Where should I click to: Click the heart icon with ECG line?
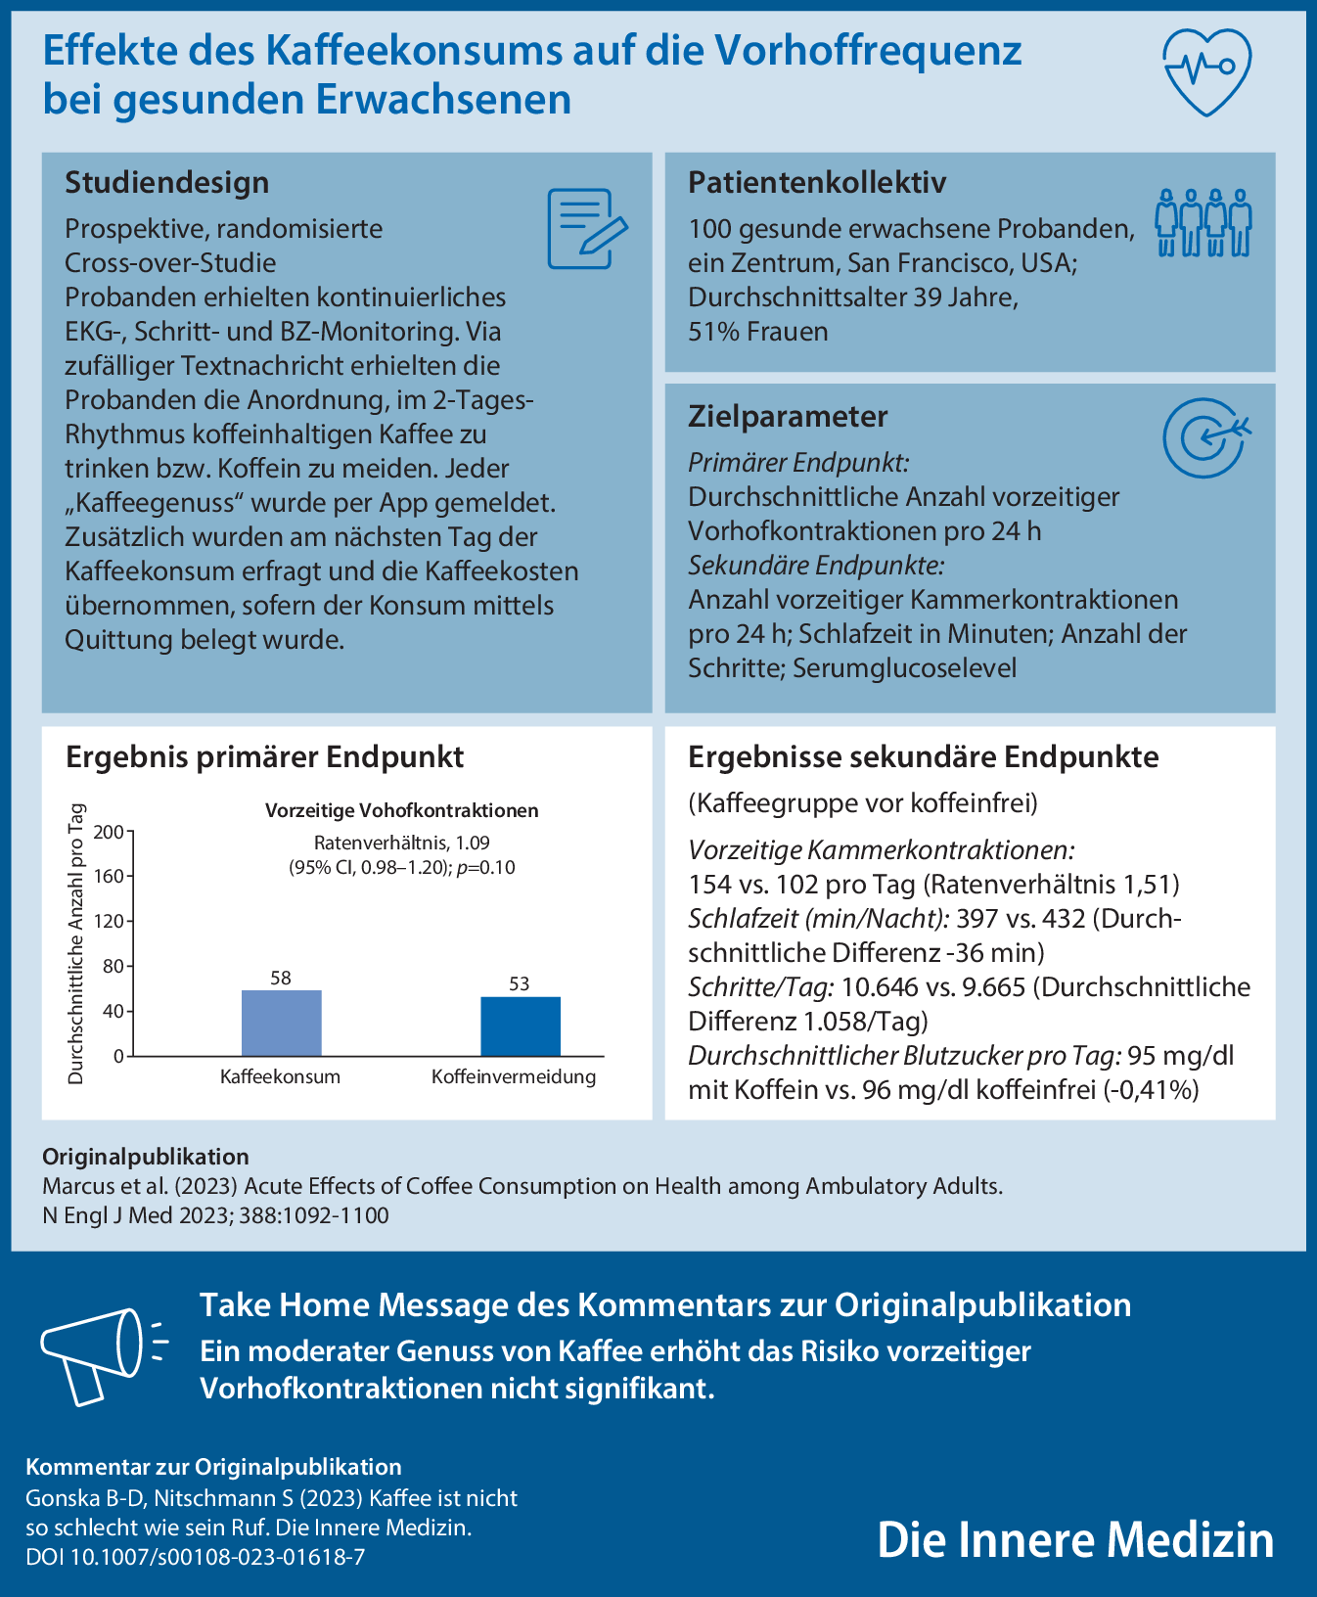(x=1206, y=70)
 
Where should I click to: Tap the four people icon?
(x=1203, y=223)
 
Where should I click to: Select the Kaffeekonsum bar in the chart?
(x=281, y=1023)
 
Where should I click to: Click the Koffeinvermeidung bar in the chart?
(x=520, y=1026)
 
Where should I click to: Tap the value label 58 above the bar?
(x=281, y=978)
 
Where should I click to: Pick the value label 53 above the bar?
(x=520, y=983)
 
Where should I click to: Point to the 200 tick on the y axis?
(x=110, y=832)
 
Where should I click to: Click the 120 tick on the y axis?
(x=110, y=922)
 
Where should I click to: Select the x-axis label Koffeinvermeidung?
(x=514, y=1077)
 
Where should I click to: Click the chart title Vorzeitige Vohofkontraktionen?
(x=402, y=810)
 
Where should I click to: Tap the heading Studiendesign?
(x=166, y=183)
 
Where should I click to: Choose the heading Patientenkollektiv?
(x=817, y=183)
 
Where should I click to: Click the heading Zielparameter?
(x=788, y=417)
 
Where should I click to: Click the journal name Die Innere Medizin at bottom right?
(x=1075, y=1539)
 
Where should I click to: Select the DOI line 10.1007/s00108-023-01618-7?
(x=196, y=1556)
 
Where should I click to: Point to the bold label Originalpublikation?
(x=145, y=1157)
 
